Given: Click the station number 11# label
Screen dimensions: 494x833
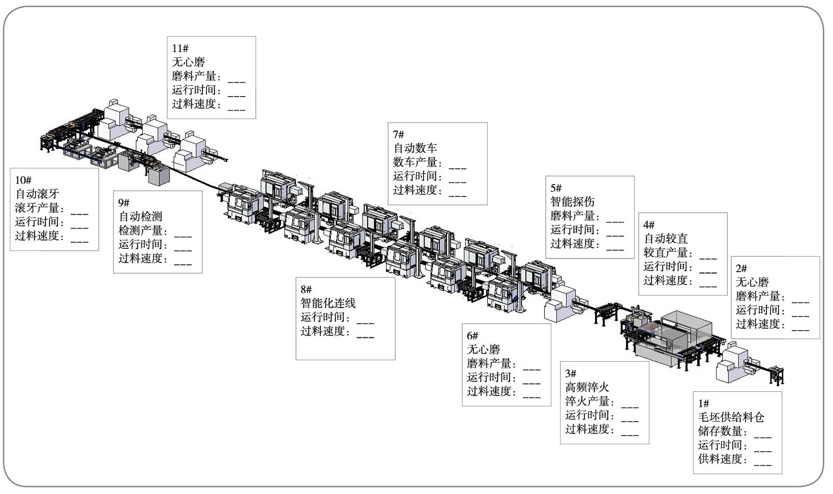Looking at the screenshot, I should (x=180, y=48).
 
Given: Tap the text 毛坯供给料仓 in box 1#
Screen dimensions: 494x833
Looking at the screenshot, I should (x=731, y=418).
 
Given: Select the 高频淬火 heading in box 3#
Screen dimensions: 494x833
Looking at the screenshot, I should (x=587, y=388).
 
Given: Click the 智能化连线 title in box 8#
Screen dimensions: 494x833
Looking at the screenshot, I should (x=328, y=304).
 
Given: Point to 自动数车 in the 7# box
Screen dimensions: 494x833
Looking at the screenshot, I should (x=415, y=149).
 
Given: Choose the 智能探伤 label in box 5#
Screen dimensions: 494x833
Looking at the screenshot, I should (x=572, y=202).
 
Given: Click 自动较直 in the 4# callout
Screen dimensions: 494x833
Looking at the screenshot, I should (x=666, y=239).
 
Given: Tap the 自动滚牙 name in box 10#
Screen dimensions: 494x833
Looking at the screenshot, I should (x=37, y=194).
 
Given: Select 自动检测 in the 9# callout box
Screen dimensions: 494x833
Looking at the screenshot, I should (x=140, y=217).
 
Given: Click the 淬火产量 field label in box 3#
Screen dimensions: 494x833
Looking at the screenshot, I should (x=587, y=401).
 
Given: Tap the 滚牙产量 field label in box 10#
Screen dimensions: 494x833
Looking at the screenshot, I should (x=38, y=208).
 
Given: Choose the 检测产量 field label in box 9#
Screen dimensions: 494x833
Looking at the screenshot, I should (x=141, y=230).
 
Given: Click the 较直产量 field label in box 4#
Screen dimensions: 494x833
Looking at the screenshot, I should (x=666, y=252).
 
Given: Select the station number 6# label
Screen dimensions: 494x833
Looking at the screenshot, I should (x=472, y=336).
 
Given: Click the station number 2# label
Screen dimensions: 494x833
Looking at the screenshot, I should (x=741, y=269).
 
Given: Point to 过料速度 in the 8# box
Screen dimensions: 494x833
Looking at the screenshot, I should (x=323, y=332).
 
